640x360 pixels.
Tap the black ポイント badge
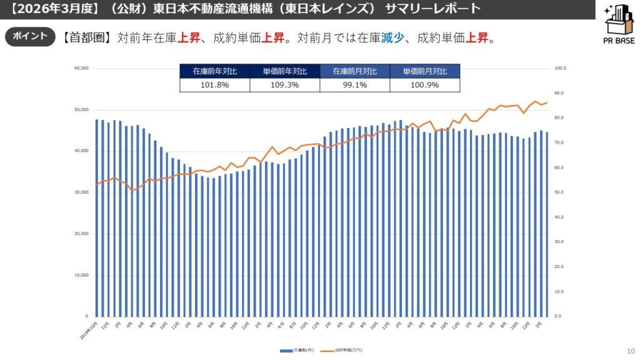pyautogui.click(x=30, y=36)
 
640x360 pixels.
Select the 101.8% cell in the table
pyautogui.click(x=214, y=85)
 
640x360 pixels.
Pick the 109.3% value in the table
pyautogui.click(x=284, y=85)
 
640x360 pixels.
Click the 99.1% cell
pyautogui.click(x=354, y=85)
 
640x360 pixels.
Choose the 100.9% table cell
pyautogui.click(x=424, y=85)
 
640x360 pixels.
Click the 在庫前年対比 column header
pyautogui.click(x=214, y=71)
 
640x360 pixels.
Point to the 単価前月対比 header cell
pyautogui.click(x=424, y=71)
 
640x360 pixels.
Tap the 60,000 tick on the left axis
pyautogui.click(x=81, y=68)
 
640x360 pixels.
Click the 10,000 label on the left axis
pyautogui.click(x=81, y=275)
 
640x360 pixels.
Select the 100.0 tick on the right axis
pyautogui.click(x=560, y=68)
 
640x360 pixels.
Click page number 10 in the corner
pyautogui.click(x=629, y=351)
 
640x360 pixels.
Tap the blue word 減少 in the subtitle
pyautogui.click(x=392, y=38)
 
